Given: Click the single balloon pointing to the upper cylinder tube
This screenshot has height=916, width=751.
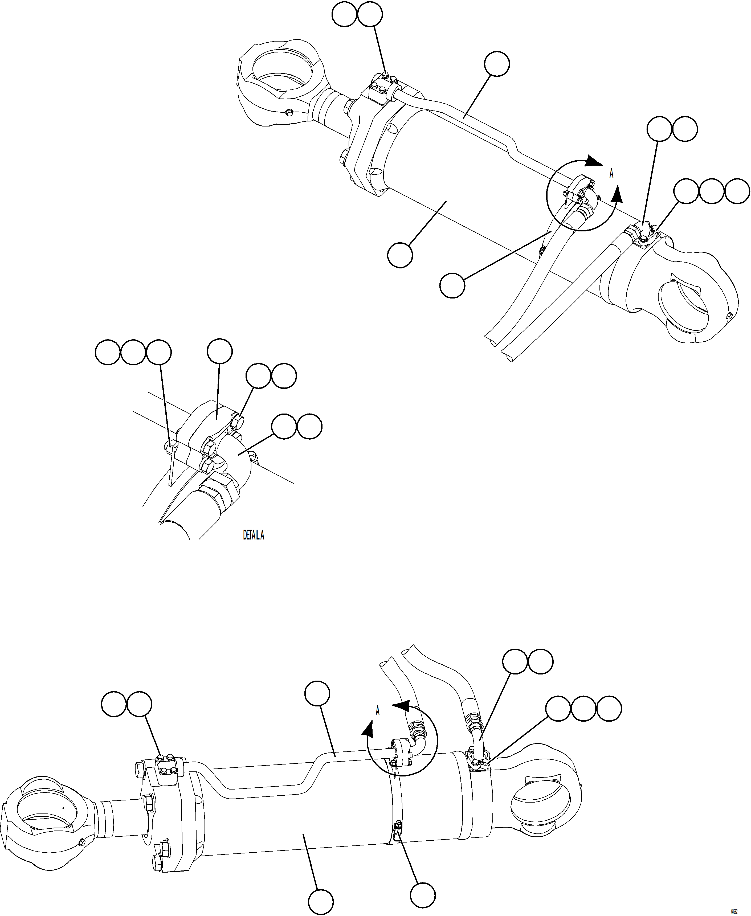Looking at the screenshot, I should (x=497, y=64).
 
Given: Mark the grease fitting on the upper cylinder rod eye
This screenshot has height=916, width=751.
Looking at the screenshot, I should (x=289, y=113).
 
